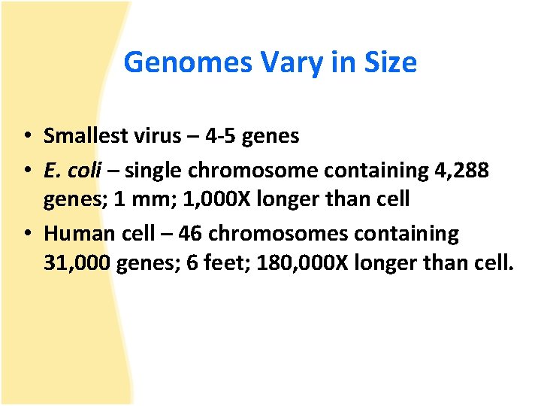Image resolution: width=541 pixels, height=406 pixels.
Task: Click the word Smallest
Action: [86, 136]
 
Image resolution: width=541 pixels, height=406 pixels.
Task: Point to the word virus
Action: [156, 136]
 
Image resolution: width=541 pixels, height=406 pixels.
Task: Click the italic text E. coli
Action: [72, 171]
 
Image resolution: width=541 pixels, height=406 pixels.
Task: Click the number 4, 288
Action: [462, 171]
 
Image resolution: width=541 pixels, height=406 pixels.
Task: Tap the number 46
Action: [190, 234]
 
